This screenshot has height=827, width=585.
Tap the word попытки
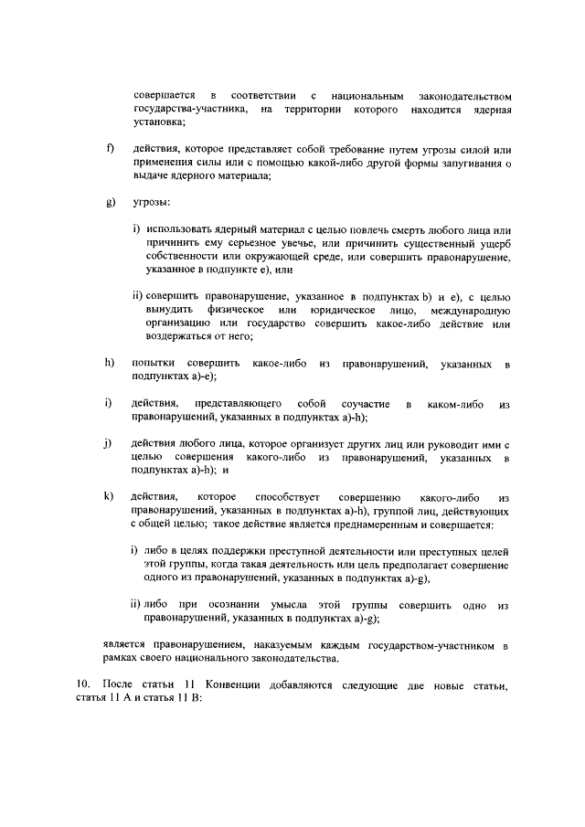coord(154,365)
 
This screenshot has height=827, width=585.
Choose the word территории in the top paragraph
coord(311,110)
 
